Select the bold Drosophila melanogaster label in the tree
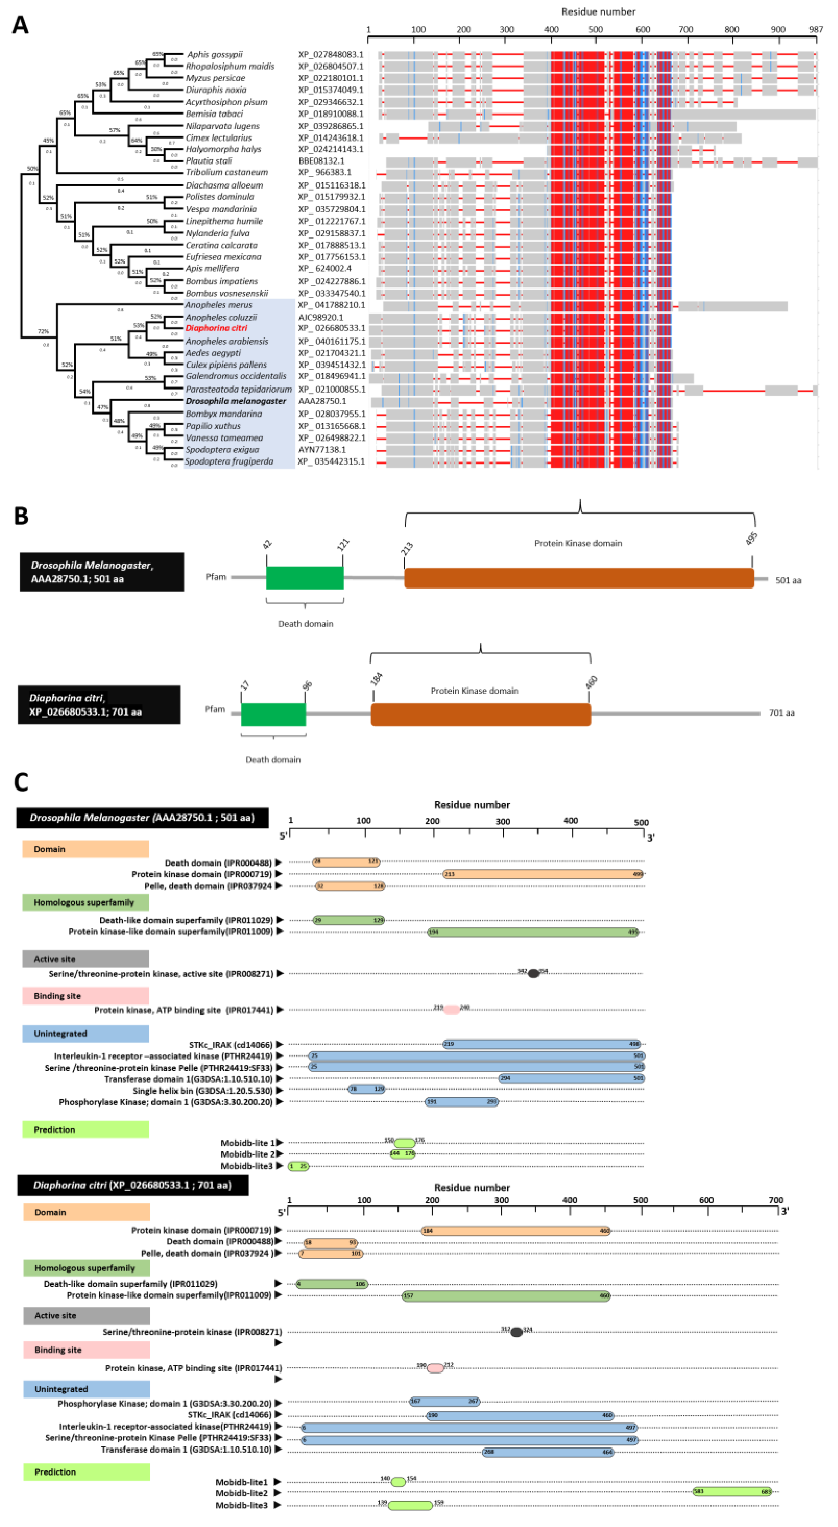(x=236, y=401)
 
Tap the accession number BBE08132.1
(x=321, y=161)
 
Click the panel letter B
(x=21, y=516)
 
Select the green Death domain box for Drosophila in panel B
(x=305, y=578)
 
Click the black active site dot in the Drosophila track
(x=533, y=973)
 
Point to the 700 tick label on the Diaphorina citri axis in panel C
(x=776, y=1200)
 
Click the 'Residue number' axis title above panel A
(x=598, y=12)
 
